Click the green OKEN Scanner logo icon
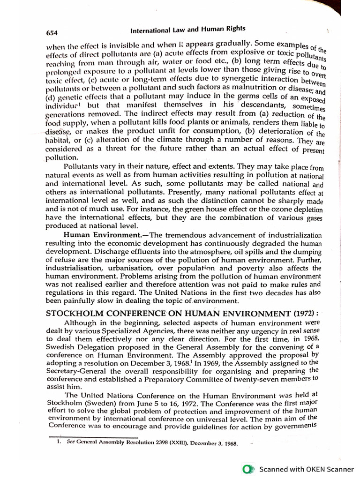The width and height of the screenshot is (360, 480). (x=247, y=468)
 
